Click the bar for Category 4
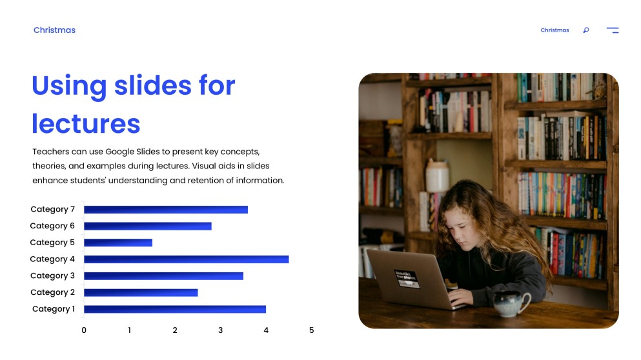(186, 259)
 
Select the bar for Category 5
(118, 243)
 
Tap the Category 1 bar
(174, 309)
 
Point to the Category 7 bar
(165, 210)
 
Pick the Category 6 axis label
(52, 226)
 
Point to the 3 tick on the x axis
(220, 330)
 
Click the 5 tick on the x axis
(311, 330)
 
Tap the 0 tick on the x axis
(84, 330)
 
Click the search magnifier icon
(586, 30)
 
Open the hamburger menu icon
(613, 30)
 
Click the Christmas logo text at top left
(54, 30)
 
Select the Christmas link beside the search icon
(555, 30)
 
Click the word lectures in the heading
(86, 123)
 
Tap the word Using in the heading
(68, 85)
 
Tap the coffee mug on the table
(511, 302)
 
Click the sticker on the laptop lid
(407, 278)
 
